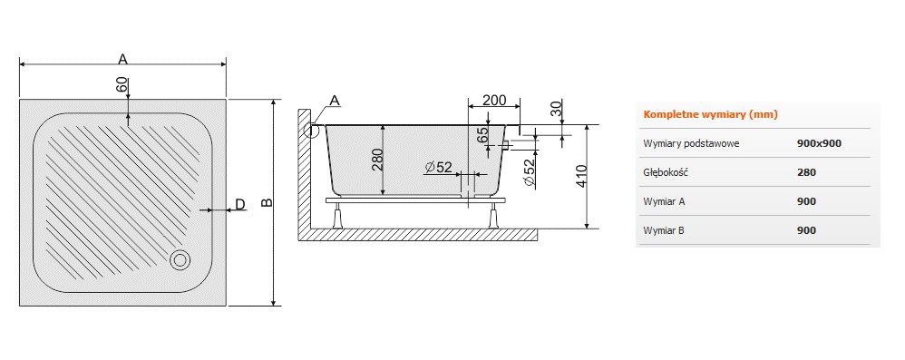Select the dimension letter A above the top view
point(122,58)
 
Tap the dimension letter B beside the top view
point(266,202)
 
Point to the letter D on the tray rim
point(240,204)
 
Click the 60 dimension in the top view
point(122,85)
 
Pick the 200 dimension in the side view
point(494,100)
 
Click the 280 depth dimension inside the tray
point(377,160)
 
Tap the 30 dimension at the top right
point(556,109)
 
